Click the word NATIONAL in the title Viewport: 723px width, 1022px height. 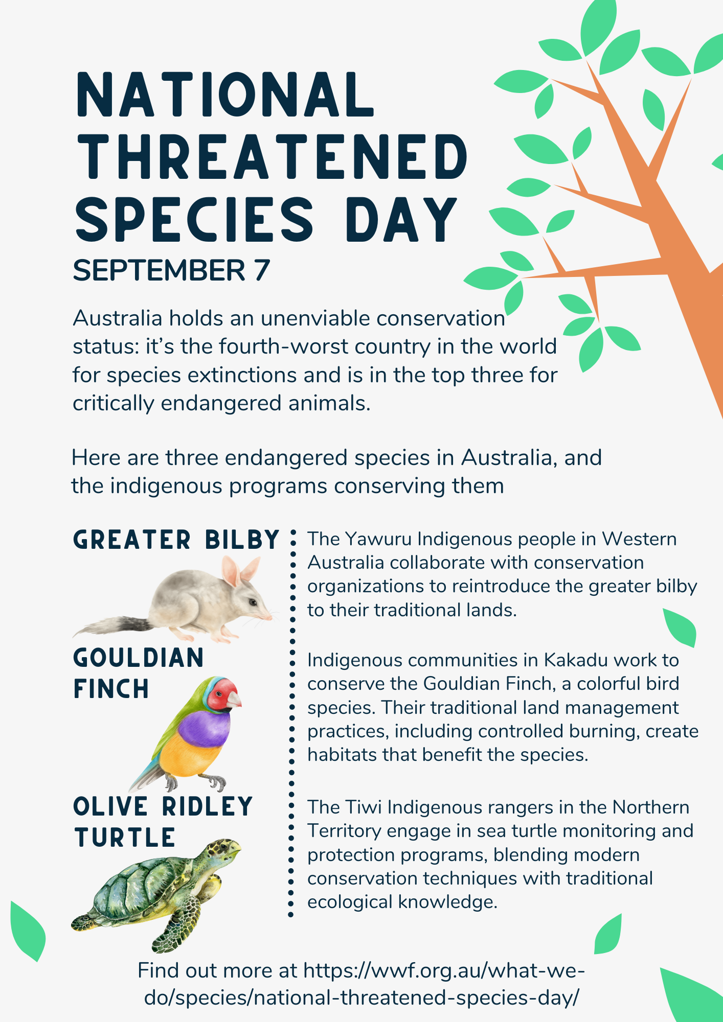225,95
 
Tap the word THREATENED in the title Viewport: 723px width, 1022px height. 271,156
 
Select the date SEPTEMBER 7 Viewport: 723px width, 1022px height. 171,270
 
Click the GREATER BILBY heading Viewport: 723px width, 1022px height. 176,540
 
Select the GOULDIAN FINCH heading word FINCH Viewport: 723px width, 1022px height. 111,689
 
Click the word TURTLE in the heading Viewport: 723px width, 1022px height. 125,838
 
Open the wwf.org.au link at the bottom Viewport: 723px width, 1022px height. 362,984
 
